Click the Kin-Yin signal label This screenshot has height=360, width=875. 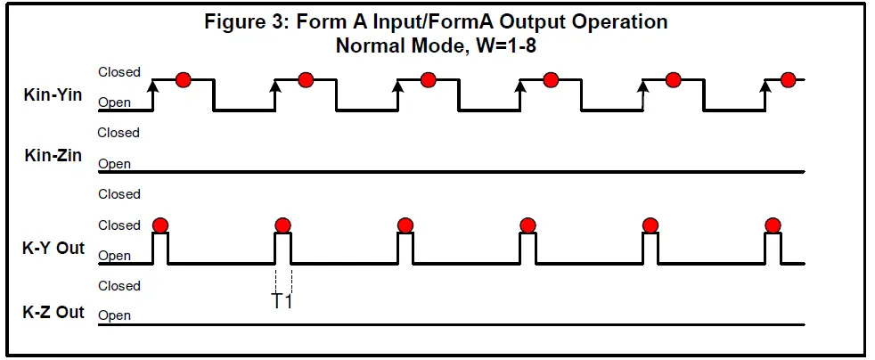pos(53,94)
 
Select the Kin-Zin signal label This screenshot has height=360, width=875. pos(53,156)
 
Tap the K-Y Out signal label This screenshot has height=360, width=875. pos(53,248)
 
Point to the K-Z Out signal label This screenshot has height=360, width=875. pos(53,312)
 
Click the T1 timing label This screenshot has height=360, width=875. pos(282,300)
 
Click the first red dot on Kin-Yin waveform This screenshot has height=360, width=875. pos(184,79)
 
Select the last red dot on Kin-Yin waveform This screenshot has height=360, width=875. pos(788,79)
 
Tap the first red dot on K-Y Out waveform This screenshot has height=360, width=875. pos(160,224)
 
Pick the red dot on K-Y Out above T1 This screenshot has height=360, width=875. pos(283,224)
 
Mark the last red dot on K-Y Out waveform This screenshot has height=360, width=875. pos(773,224)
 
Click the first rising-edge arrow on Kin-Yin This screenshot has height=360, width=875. pos(153,86)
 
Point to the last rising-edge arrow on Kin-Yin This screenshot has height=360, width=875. pos(765,86)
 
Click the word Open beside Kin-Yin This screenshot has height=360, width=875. pos(114,102)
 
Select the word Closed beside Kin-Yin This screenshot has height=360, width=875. pos(119,72)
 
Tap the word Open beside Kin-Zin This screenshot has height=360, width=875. pos(114,164)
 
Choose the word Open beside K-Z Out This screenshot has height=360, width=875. pos(114,315)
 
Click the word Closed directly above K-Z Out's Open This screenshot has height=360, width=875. pos(119,286)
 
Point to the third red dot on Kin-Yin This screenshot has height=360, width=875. pos(428,79)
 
